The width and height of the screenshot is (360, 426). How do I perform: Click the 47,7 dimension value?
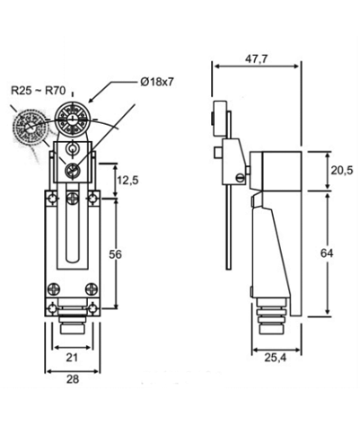(256, 59)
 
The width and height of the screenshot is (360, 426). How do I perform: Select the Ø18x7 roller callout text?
(157, 82)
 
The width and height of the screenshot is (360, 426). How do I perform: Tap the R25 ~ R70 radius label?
(38, 90)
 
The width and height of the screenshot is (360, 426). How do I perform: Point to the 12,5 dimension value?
(127, 181)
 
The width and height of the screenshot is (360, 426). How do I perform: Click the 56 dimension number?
(115, 254)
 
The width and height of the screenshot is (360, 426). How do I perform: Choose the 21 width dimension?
(72, 357)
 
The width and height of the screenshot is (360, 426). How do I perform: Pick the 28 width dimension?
(73, 379)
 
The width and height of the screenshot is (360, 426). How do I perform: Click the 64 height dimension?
(327, 253)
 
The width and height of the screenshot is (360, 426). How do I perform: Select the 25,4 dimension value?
(276, 357)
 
